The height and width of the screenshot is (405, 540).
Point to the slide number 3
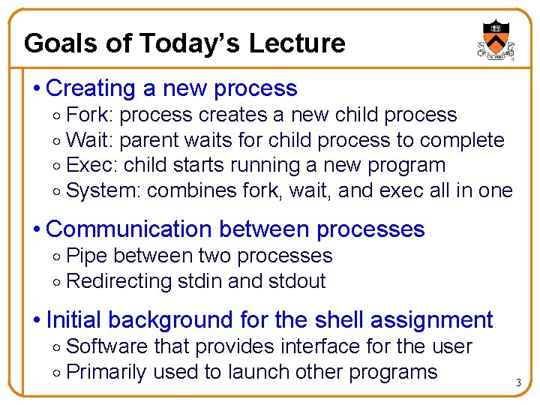[517, 383]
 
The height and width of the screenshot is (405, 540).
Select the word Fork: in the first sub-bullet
[91, 115]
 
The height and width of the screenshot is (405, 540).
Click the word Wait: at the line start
[90, 140]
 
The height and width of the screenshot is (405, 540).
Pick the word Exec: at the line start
[92, 165]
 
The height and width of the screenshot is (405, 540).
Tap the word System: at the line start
[103, 190]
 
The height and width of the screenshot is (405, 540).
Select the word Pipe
[86, 256]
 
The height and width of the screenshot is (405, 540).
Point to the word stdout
[296, 281]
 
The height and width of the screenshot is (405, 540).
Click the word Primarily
[106, 372]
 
